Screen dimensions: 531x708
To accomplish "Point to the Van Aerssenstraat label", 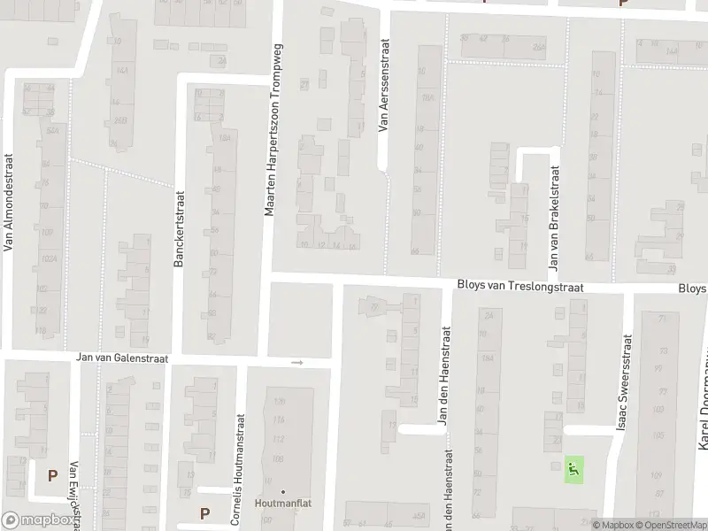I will [x=383, y=85].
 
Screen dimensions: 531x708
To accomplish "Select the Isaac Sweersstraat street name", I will [x=626, y=382].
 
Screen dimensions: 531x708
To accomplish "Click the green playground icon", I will [x=574, y=469].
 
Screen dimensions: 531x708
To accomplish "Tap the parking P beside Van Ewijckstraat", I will [x=52, y=475].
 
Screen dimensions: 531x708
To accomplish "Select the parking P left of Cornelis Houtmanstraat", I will [x=205, y=512].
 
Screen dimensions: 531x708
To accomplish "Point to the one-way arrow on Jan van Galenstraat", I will [x=297, y=363].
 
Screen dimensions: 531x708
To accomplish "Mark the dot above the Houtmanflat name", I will [x=283, y=491].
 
